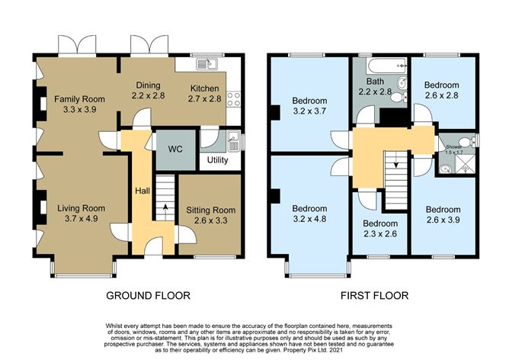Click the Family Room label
(x=73, y=104)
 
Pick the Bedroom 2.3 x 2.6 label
(x=379, y=229)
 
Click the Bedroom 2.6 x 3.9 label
(x=443, y=215)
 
